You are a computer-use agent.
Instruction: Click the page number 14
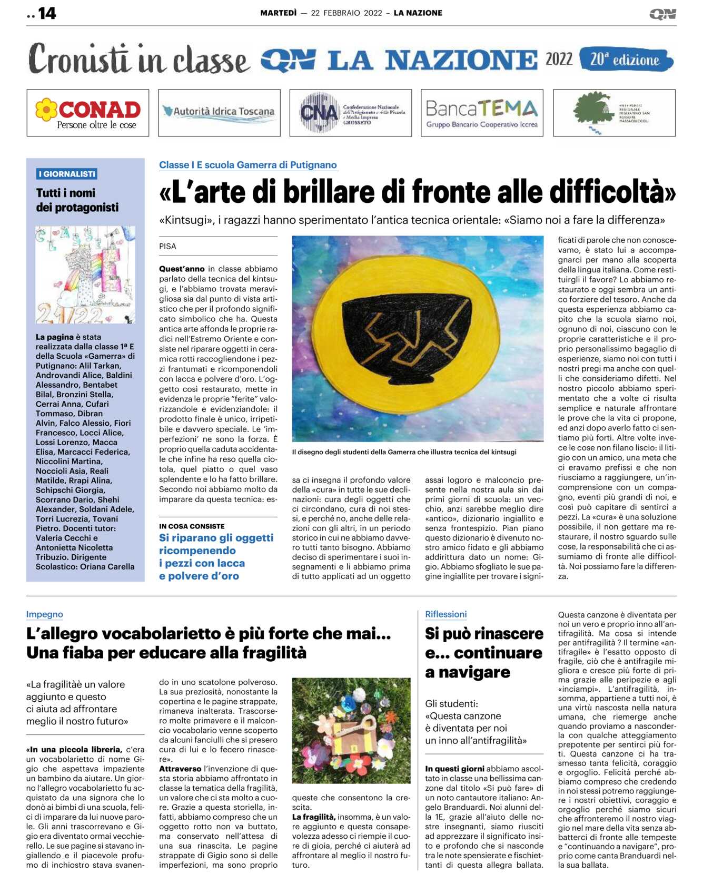pyautogui.click(x=47, y=13)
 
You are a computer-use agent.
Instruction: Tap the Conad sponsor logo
pyautogui.click(x=88, y=113)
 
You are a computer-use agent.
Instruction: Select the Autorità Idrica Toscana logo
pyautogui.click(x=219, y=112)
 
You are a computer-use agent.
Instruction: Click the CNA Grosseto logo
pyautogui.click(x=350, y=113)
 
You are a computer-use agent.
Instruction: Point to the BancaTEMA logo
pyautogui.click(x=481, y=113)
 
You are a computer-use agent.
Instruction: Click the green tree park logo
pyautogui.click(x=613, y=113)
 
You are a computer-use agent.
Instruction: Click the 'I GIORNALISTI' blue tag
pyautogui.click(x=66, y=174)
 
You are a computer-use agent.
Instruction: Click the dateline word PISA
pyautogui.click(x=168, y=246)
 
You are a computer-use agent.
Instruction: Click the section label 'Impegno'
pyautogui.click(x=45, y=614)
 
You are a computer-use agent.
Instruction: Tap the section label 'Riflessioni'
pyautogui.click(x=446, y=614)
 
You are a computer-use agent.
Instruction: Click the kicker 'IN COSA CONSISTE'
pyautogui.click(x=192, y=526)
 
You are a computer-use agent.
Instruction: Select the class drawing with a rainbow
pyautogui.click(x=85, y=274)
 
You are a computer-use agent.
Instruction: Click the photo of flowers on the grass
pyautogui.click(x=351, y=730)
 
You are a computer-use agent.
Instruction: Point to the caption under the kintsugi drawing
pyautogui.click(x=404, y=452)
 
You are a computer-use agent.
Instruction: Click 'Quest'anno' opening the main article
pyautogui.click(x=182, y=269)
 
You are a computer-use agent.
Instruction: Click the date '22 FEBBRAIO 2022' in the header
pyautogui.click(x=346, y=13)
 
